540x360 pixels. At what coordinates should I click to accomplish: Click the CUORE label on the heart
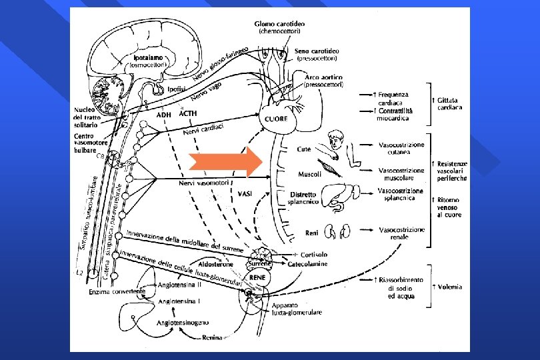tap(275, 118)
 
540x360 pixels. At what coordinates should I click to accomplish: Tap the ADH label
tap(164, 115)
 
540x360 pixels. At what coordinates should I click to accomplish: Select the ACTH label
tap(189, 114)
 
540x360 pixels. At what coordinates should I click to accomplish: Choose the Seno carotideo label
tap(319, 51)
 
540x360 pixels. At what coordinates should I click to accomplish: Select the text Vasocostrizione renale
tap(401, 233)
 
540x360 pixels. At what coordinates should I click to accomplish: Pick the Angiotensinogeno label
tap(180, 322)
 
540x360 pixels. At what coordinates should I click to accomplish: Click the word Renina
tap(214, 339)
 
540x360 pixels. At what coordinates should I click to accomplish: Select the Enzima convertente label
tap(113, 292)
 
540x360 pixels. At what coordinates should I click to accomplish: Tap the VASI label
tap(245, 193)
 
